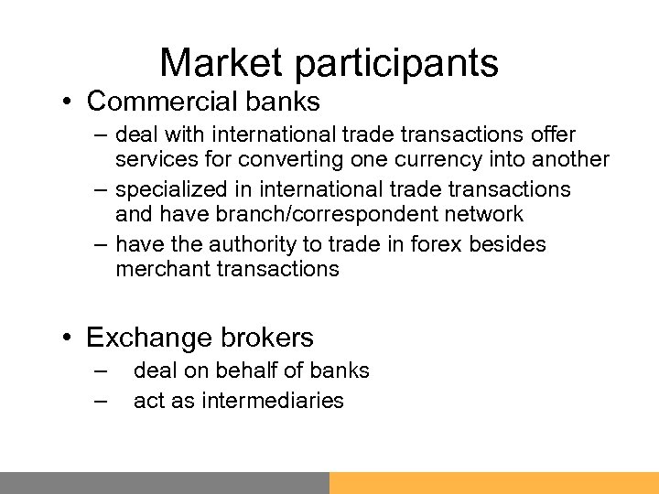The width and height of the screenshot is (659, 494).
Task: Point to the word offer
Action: tap(553, 135)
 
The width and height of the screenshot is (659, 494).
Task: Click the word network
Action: tap(482, 215)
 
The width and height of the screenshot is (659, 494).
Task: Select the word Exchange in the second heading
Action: tap(147, 338)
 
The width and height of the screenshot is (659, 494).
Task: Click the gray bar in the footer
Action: tap(165, 483)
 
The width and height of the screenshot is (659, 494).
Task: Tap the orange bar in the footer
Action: tap(494, 483)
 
